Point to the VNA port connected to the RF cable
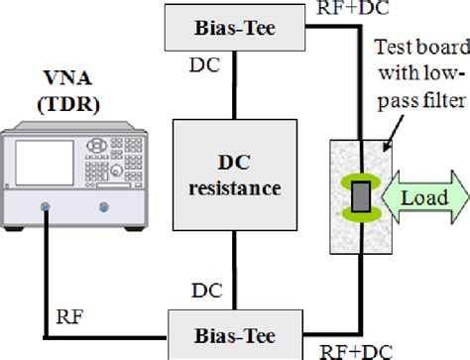48,208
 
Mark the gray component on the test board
360,195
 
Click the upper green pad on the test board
360,175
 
